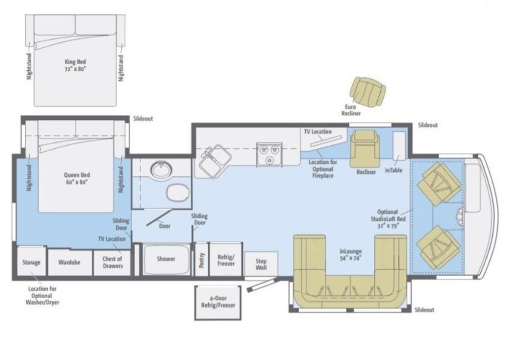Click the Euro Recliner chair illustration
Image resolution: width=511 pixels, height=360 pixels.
pos(368,92)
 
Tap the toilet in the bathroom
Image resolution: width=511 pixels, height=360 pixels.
pos(178,193)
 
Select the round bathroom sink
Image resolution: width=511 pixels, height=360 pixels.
pos(161,169)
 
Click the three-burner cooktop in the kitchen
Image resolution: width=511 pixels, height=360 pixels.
pos(270,155)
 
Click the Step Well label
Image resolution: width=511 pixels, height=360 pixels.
pos(261,264)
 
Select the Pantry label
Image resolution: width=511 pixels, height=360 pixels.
pos(201,260)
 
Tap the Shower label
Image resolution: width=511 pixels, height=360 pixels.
pos(166,259)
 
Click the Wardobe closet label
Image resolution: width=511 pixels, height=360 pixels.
pos(69,262)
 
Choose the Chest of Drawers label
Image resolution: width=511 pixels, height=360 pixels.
pos(112,262)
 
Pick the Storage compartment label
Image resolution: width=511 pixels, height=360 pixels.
pos(31,262)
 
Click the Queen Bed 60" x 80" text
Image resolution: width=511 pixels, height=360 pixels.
pos(77,179)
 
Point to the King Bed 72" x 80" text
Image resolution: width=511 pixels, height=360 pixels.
pos(75,65)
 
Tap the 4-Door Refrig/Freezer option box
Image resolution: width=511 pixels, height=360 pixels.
pos(218,303)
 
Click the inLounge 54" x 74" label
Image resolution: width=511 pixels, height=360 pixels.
pos(350,255)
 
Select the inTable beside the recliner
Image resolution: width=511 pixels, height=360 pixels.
pos(399,146)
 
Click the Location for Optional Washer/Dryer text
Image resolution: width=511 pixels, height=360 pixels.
pos(42,296)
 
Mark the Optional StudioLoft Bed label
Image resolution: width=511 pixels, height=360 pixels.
pos(388,219)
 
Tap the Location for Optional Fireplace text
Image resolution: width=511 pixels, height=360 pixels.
pos(323,169)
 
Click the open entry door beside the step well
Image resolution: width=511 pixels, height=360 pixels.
pos(262,285)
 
